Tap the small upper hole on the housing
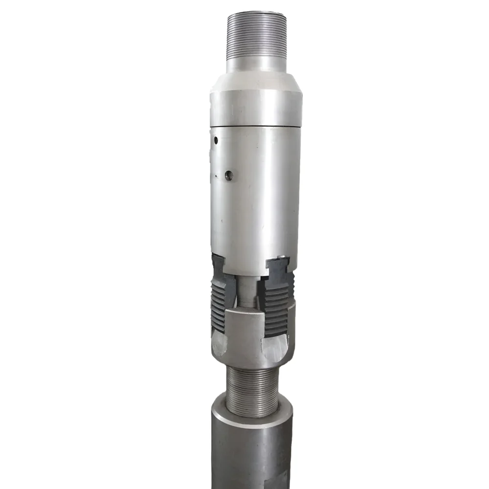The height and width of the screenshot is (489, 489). pos(215,140)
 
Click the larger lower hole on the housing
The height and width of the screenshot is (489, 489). pos(228,175)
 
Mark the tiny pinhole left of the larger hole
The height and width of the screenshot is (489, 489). pos(216,175)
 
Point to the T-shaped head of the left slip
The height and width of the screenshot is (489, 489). pos(218,267)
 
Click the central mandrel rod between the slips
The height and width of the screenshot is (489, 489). pos(248,291)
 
